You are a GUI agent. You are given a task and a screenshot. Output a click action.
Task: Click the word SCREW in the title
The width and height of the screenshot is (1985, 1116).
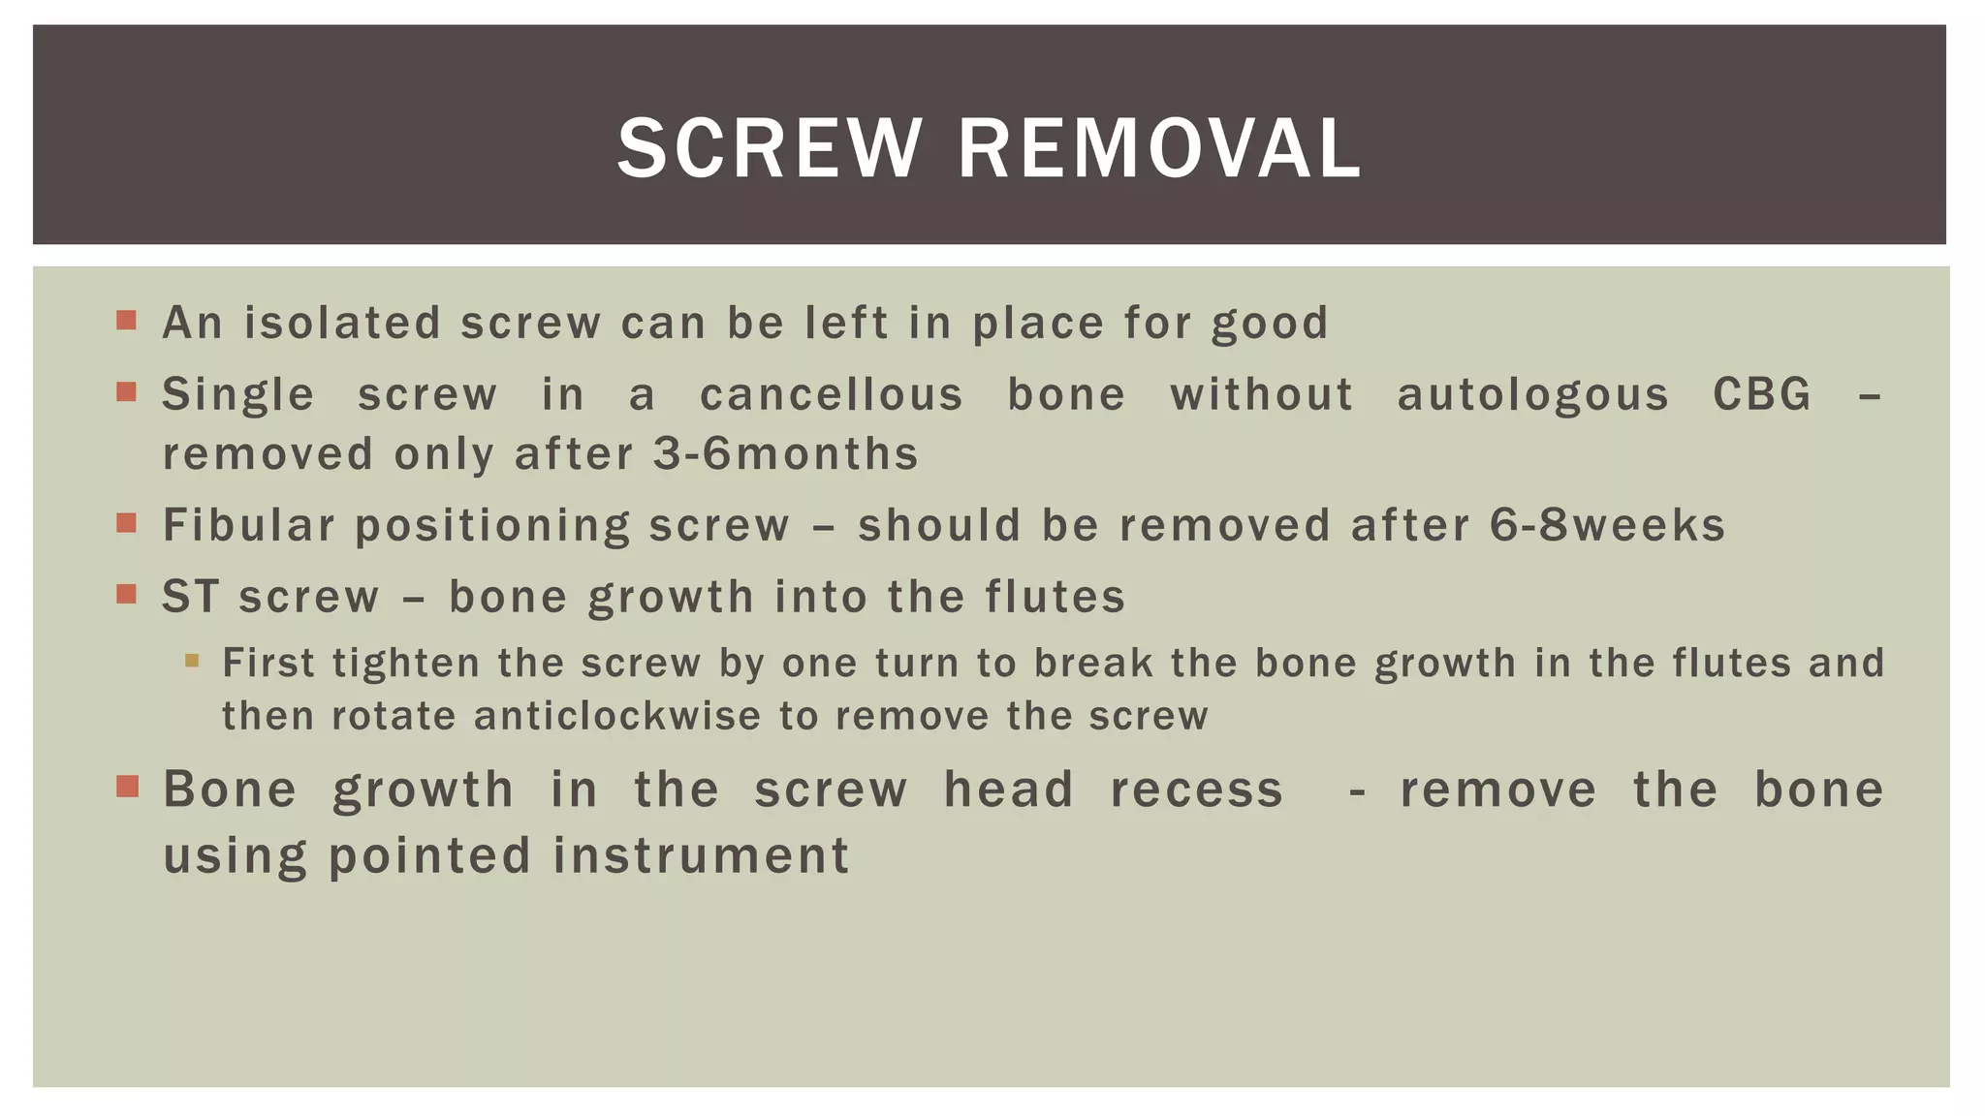coord(769,148)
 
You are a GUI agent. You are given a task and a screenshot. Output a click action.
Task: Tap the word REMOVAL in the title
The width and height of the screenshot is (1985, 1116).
coord(1159,148)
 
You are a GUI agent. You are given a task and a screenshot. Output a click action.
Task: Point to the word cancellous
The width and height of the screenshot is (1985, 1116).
coord(832,395)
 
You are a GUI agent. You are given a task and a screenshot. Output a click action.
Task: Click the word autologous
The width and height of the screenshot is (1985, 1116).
coord(1533,395)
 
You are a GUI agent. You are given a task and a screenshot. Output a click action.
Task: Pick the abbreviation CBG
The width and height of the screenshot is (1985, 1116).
coord(1761,395)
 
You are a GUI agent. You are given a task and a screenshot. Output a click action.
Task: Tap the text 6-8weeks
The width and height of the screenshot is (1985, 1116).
coord(1607,525)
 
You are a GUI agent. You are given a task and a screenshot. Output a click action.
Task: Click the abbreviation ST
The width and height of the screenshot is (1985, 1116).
coord(190,597)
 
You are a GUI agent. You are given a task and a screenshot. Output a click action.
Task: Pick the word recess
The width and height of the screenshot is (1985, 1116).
coord(1196,790)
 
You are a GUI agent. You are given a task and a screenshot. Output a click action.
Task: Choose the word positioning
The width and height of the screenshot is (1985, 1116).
coord(492,526)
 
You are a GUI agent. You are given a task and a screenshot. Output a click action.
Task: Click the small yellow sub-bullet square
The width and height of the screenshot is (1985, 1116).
coord(192,661)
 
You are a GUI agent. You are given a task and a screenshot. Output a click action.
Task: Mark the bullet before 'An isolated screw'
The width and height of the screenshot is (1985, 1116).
coord(126,320)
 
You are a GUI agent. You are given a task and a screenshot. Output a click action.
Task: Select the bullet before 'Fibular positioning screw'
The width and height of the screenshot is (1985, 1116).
coord(126,523)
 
